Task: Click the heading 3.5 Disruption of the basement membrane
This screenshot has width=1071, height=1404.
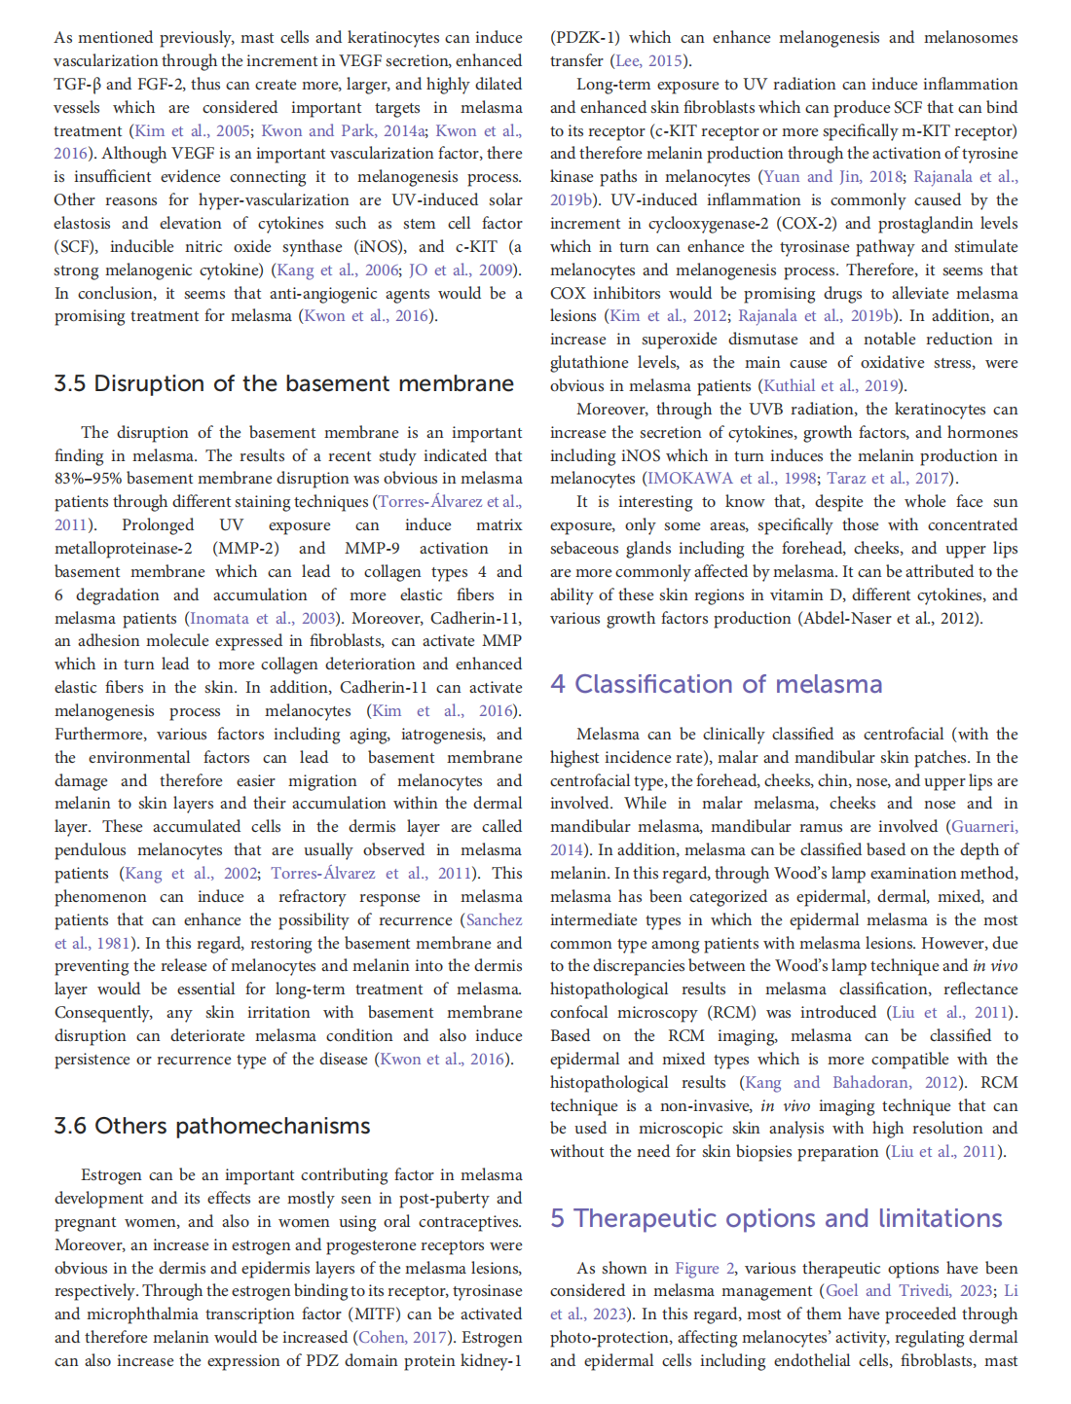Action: (x=283, y=384)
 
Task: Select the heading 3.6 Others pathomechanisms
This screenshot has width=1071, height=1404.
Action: (x=212, y=1126)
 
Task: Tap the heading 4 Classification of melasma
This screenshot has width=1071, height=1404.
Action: (x=716, y=684)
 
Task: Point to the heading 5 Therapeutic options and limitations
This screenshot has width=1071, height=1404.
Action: (x=776, y=1218)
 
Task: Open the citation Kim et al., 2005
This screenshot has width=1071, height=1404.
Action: (x=191, y=130)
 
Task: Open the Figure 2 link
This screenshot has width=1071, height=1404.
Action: (x=697, y=1268)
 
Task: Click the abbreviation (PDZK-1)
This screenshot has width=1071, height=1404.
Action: (x=584, y=37)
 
